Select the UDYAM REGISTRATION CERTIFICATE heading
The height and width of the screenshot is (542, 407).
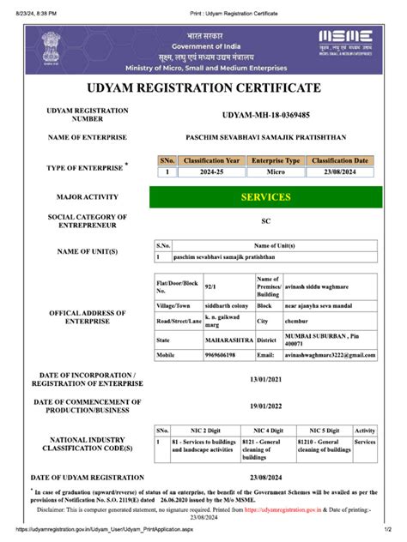pos(203,88)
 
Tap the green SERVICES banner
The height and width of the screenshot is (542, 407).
pos(265,197)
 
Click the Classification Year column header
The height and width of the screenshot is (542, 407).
pos(210,160)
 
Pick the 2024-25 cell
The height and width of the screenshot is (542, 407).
pos(210,172)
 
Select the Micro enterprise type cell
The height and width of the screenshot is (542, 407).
pos(275,172)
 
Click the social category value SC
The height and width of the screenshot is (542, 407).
pos(265,220)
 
